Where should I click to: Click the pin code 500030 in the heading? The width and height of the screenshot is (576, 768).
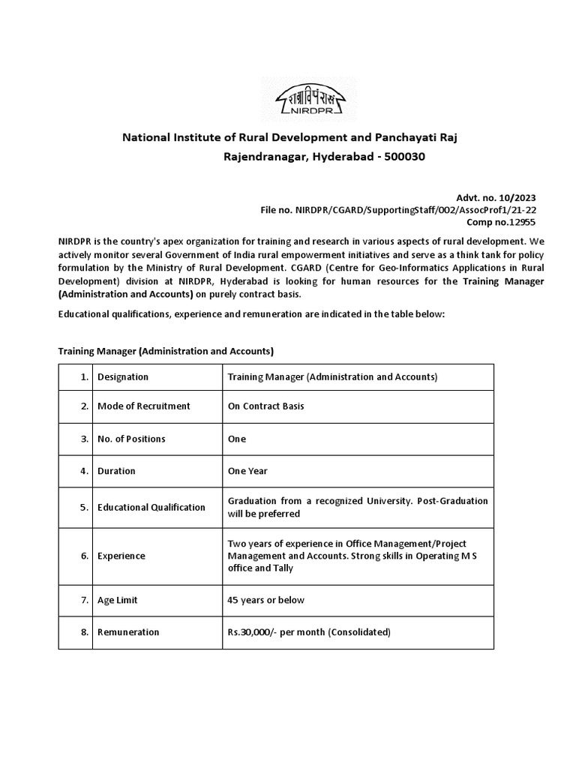pyautogui.click(x=406, y=157)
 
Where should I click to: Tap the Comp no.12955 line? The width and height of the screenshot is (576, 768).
pyautogui.click(x=502, y=222)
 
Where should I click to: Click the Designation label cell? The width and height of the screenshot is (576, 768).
pyautogui.click(x=123, y=376)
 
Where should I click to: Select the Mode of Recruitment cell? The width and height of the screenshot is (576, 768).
pyautogui.click(x=144, y=406)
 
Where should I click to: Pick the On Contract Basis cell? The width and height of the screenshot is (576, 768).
pyautogui.click(x=265, y=406)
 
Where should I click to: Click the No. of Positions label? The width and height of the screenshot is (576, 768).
pyautogui.click(x=131, y=439)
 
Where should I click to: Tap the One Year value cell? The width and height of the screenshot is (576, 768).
pyautogui.click(x=247, y=471)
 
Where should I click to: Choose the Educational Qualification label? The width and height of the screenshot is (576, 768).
pyautogui.click(x=151, y=507)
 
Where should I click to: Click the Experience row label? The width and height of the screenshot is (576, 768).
pyautogui.click(x=121, y=556)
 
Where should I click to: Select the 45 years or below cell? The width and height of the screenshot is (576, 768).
pyautogui.click(x=265, y=600)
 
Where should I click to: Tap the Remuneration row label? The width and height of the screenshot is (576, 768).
pyautogui.click(x=128, y=632)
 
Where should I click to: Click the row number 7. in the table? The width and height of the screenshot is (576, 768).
pyautogui.click(x=85, y=600)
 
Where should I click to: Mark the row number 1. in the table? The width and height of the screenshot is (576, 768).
pyautogui.click(x=85, y=376)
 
